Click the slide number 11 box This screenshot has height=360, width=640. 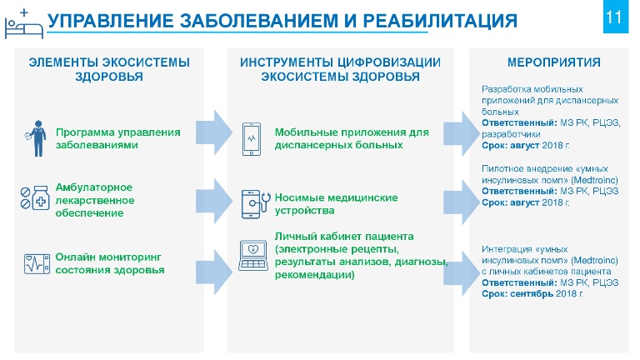coord(616,17)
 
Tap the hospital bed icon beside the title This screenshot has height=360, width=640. coord(23,24)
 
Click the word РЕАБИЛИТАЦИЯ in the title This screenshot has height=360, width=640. coord(440,20)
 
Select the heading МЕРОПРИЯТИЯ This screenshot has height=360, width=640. coord(554,62)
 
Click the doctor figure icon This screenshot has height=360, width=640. coord(36,138)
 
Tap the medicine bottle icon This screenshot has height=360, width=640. coord(36,198)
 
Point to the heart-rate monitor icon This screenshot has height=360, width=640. coord(37,263)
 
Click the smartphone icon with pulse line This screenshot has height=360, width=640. coord(252,139)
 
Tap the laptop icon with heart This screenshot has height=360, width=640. coord(253,256)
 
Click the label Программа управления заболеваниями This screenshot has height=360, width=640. coord(118,138)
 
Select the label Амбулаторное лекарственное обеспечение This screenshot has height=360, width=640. coord(95,200)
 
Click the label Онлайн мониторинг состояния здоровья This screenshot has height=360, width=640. coord(110,263)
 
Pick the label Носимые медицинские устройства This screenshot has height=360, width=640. coord(336,203)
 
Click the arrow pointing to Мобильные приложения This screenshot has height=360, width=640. coord(214,132)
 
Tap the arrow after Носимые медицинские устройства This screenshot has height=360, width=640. coord(461,202)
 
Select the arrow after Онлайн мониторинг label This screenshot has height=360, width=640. coord(214,272)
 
